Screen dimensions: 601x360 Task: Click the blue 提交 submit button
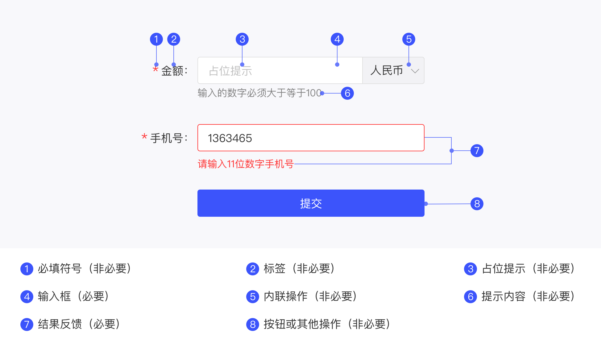tap(311, 203)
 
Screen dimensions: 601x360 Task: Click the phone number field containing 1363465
tap(311, 138)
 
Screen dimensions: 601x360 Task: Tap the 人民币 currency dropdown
tap(393, 70)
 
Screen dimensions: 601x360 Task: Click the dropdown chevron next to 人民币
tap(415, 71)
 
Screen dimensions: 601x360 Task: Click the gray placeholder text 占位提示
tap(230, 71)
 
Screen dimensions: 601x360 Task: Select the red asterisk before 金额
tap(155, 69)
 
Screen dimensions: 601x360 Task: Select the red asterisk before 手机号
tap(144, 136)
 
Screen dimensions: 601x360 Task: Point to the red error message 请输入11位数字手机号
tap(246, 164)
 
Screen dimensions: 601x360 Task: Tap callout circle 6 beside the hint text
tap(347, 93)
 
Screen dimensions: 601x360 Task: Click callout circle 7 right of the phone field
tap(477, 151)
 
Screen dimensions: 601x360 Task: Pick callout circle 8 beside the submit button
tap(477, 204)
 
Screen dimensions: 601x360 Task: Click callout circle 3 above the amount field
tap(242, 39)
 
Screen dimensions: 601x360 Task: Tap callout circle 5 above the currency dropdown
tap(409, 39)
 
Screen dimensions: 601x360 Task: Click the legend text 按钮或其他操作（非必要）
tap(327, 324)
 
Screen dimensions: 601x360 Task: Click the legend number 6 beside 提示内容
tap(470, 297)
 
